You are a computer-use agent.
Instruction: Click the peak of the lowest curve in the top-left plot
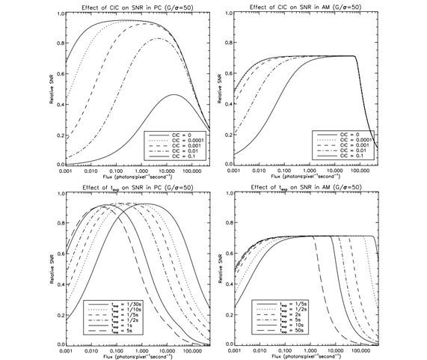click(174, 95)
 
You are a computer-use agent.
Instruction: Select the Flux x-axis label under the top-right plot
click(309, 179)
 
